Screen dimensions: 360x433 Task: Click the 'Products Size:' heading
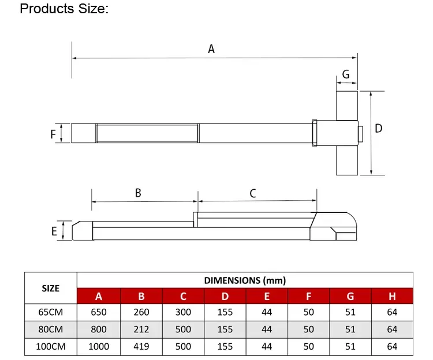point(64,10)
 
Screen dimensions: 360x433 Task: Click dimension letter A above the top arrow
point(211,50)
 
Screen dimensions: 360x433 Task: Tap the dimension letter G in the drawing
point(346,74)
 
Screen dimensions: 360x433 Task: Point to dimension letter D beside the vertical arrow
point(379,128)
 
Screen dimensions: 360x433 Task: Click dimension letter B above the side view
point(138,193)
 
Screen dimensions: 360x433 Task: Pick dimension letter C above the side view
point(252,193)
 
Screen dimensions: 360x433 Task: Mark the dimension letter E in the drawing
point(54,231)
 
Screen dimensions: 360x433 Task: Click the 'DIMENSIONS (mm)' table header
point(245,280)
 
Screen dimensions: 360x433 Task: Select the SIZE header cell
point(51,288)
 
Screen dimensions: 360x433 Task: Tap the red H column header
point(392,297)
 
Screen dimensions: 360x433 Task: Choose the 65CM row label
point(51,312)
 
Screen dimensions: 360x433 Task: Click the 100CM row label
point(51,347)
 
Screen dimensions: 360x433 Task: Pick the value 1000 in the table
point(99,347)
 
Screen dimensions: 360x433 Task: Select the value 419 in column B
point(141,347)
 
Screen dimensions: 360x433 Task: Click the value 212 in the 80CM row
point(141,329)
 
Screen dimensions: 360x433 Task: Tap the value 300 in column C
point(183,312)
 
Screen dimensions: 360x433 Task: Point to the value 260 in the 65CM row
point(141,312)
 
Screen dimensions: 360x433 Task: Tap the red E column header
point(267,297)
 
